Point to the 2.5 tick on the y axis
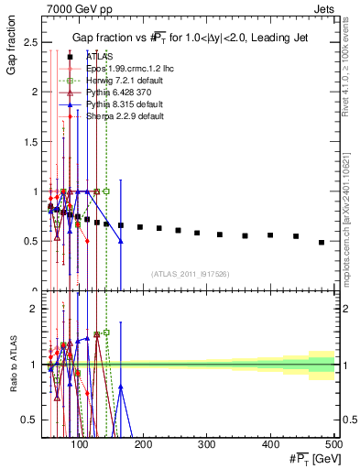[31, 42]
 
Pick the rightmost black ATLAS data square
[321, 242]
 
